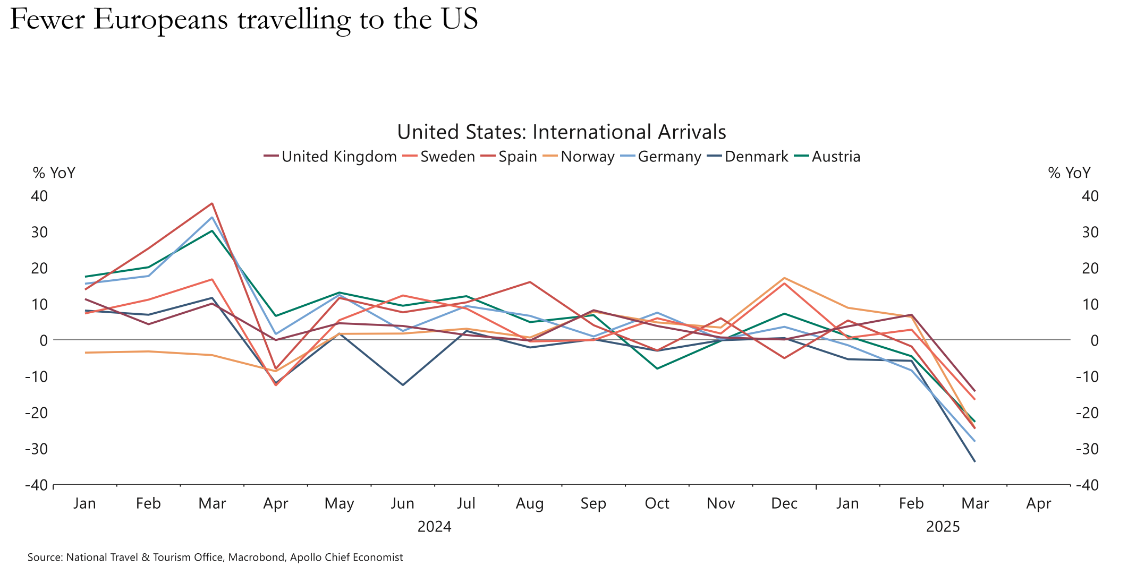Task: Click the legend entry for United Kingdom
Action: (339, 157)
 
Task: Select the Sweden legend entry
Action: (447, 157)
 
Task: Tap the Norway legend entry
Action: (587, 157)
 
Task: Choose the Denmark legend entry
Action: (756, 157)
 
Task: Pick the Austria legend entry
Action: (836, 157)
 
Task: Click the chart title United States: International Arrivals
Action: (561, 132)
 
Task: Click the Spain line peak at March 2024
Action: (212, 203)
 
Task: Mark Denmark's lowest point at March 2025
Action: (974, 461)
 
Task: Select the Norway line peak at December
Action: (784, 278)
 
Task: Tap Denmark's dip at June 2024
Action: (403, 385)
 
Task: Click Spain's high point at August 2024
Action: (530, 282)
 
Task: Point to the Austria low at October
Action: (657, 368)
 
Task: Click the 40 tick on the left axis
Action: (39, 196)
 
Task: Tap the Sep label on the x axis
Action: (593, 503)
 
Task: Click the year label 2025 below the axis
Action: (943, 527)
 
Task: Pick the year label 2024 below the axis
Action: (434, 527)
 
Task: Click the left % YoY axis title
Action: (54, 173)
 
